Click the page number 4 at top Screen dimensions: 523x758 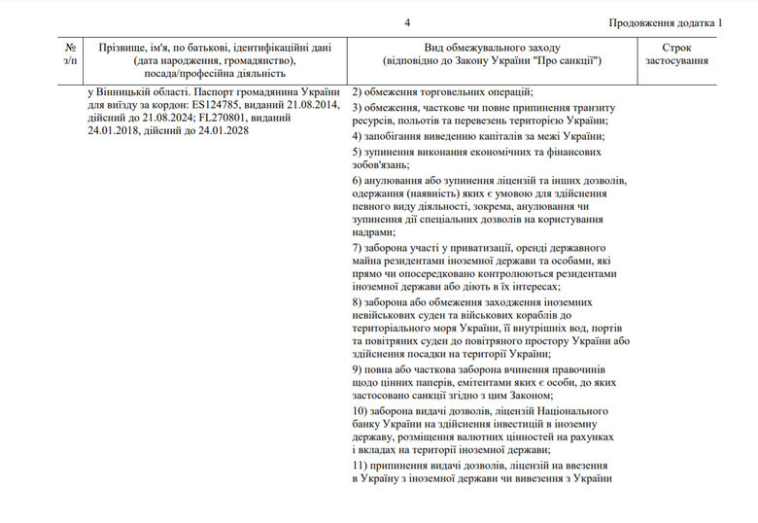click(408, 22)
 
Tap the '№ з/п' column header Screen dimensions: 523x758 click(70, 53)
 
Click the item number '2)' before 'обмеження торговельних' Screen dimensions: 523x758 click(357, 91)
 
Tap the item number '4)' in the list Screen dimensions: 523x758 click(357, 136)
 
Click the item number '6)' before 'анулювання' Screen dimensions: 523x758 click(357, 181)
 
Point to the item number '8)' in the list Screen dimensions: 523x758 click(357, 302)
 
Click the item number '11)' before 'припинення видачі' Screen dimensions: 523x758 click(360, 469)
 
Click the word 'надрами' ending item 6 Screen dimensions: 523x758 click(374, 232)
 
